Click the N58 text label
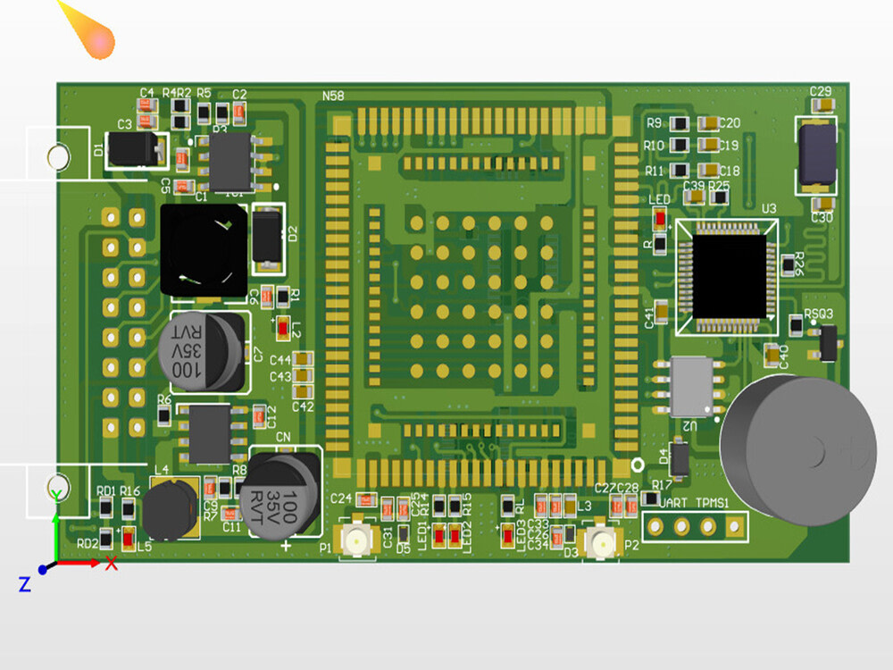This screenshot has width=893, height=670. [x=333, y=96]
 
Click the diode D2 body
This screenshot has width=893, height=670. [x=268, y=236]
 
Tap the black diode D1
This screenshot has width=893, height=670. [x=135, y=150]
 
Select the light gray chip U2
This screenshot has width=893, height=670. [x=691, y=387]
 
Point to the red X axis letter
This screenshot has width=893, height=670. [x=112, y=564]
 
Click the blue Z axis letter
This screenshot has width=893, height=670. [x=24, y=584]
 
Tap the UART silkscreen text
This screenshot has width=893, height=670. [x=672, y=503]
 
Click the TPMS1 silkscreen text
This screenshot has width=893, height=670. [x=714, y=503]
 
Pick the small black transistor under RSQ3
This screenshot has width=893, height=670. [x=828, y=342]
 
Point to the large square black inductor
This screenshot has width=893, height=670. [x=203, y=249]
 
